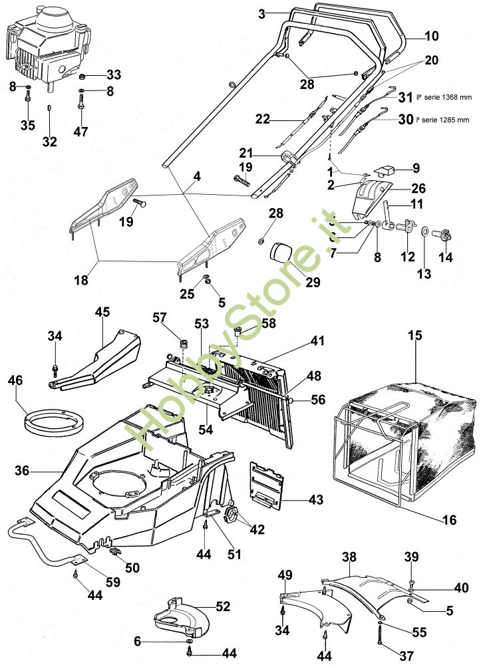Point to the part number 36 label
(x=22, y=471)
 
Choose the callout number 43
(x=297, y=498)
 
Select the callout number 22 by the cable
(x=264, y=119)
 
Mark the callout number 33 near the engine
(x=114, y=74)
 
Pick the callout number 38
(x=349, y=556)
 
